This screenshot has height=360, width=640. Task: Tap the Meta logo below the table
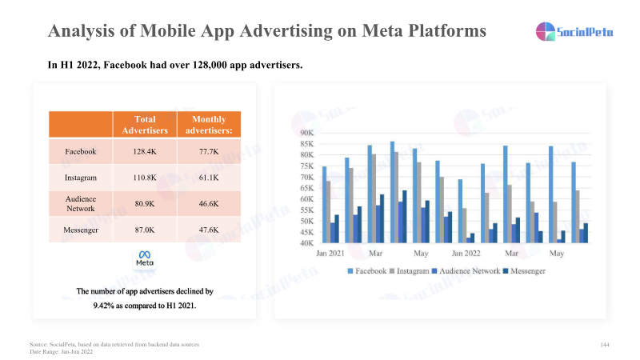coord(145,259)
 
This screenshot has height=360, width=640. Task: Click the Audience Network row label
coord(81,202)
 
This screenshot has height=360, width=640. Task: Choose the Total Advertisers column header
coord(145,125)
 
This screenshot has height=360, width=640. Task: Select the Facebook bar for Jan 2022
coord(460,210)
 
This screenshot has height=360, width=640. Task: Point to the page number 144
coord(605,344)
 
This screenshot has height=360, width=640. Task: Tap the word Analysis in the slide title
coord(80,32)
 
